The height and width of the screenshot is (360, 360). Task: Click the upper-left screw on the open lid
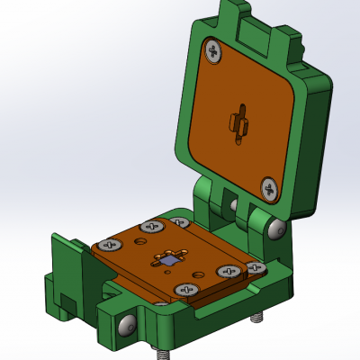(x=213, y=51)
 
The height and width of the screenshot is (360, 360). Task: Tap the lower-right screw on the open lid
(x=270, y=188)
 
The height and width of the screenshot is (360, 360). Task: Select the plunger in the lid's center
(x=238, y=123)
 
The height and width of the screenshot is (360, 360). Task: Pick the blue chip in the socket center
(x=167, y=260)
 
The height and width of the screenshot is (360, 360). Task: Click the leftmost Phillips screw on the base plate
(x=112, y=244)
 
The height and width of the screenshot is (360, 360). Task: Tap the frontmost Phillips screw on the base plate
(x=187, y=289)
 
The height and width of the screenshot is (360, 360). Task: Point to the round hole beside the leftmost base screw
(x=138, y=240)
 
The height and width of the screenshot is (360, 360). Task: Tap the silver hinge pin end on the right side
(x=275, y=230)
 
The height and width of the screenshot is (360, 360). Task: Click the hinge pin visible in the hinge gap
(x=233, y=205)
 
